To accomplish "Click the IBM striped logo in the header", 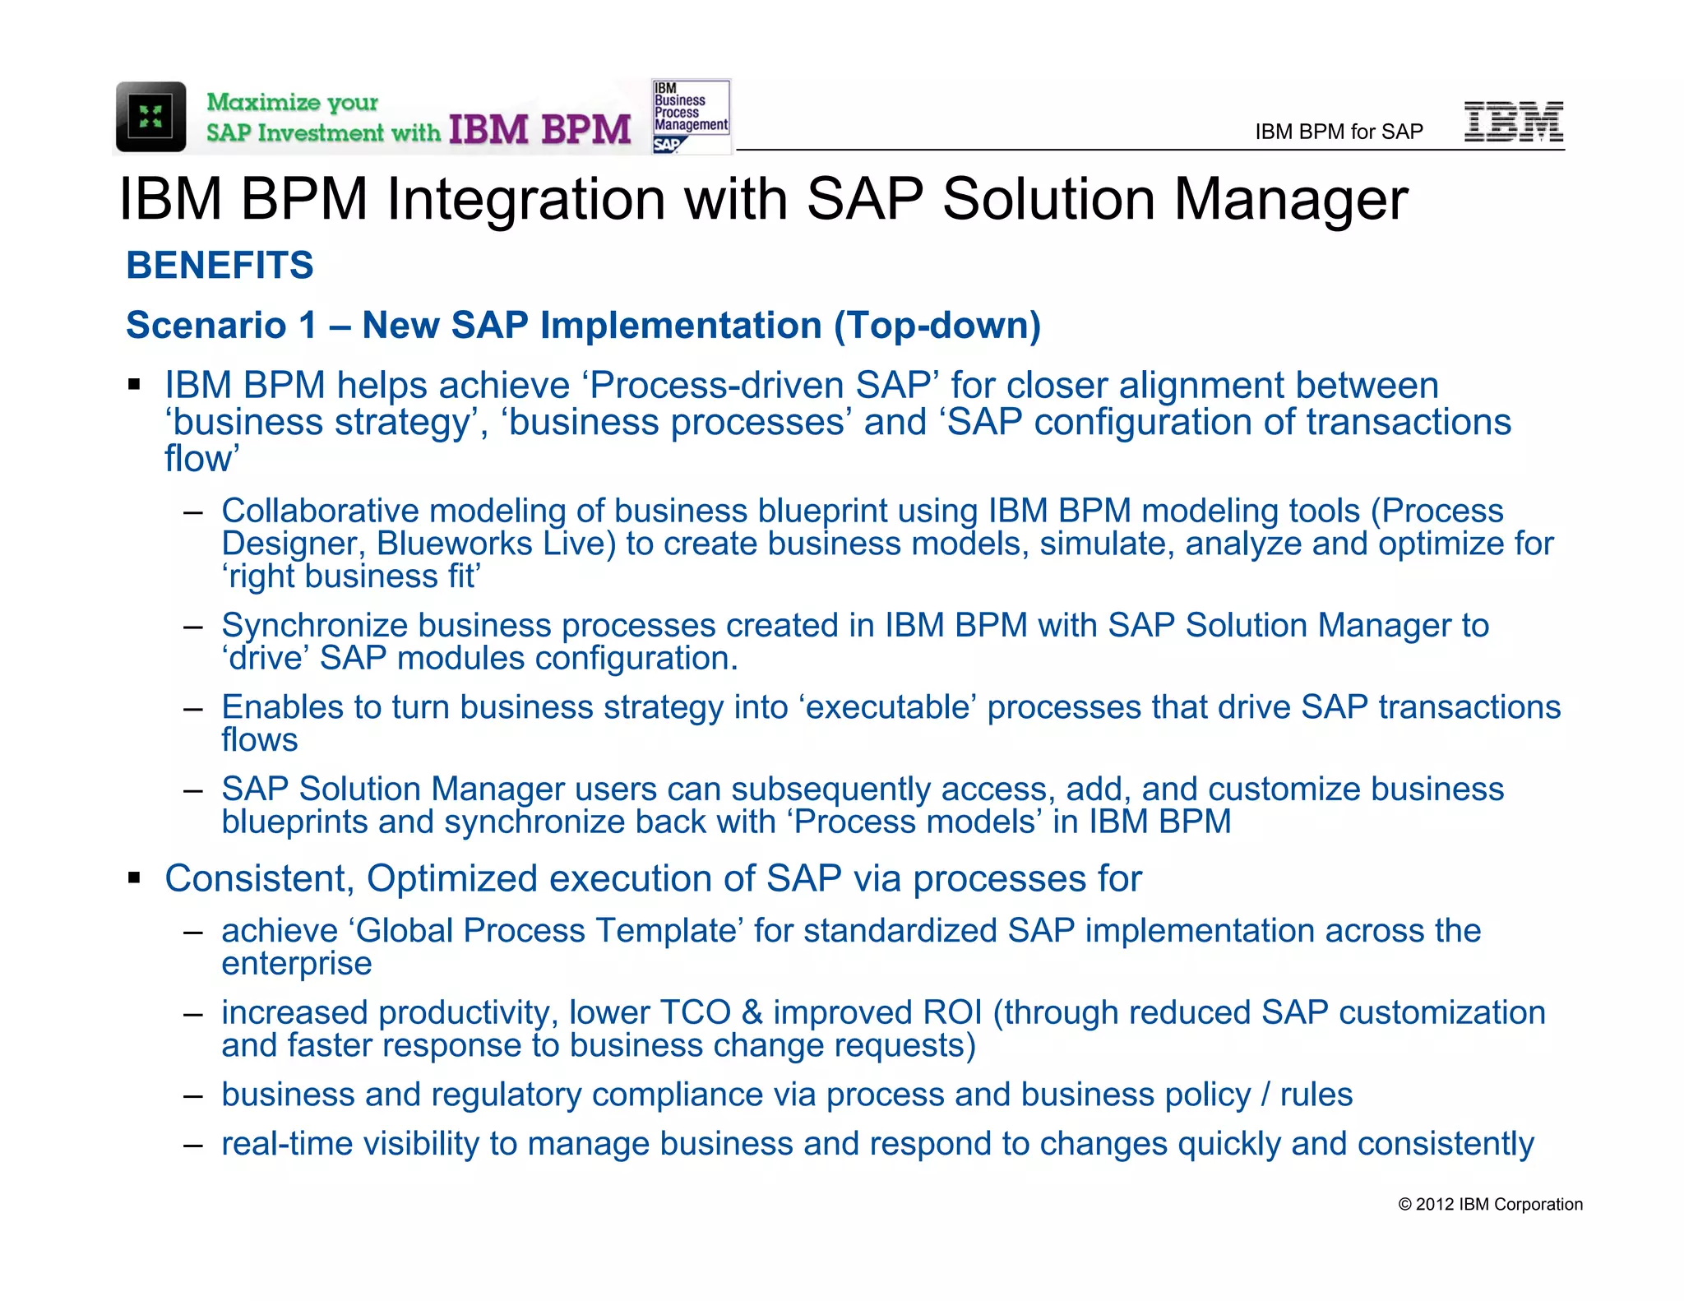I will coord(1514,122).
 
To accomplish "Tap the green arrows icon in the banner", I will coord(150,117).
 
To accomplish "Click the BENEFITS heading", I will coord(220,266).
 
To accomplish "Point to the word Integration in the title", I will coord(527,200).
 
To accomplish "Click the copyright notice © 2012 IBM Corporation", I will coord(1490,1204).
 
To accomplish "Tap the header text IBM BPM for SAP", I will coord(1339,132).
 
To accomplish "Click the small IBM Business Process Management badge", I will coord(691,116).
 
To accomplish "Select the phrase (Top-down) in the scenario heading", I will coord(937,326).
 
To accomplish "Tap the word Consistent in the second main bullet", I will coord(259,878).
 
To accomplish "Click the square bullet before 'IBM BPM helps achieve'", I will coord(134,385).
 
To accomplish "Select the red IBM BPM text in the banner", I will coord(539,130).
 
